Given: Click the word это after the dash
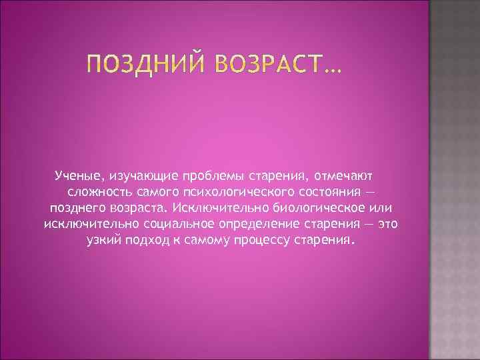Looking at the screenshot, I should (x=386, y=223).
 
